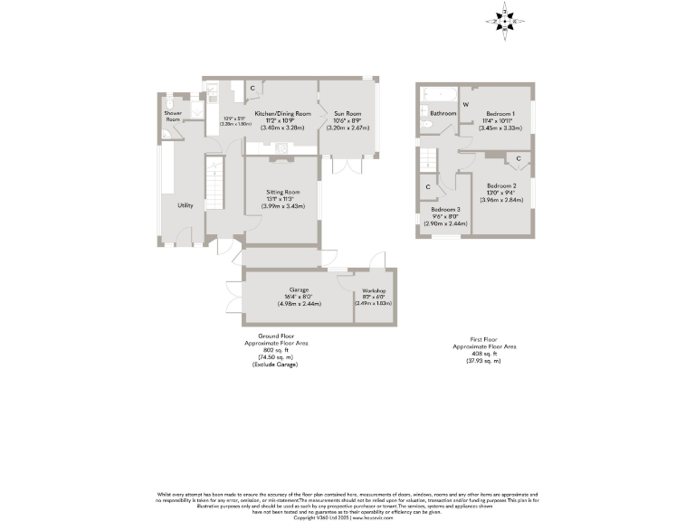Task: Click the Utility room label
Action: [x=185, y=205]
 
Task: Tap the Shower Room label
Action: [x=172, y=116]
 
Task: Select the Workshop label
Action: [x=375, y=290]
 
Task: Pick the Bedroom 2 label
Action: [x=500, y=185]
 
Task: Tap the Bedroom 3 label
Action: [x=445, y=210]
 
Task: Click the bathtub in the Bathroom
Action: [x=440, y=93]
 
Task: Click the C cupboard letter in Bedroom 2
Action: [x=519, y=159]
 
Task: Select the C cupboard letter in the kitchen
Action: [x=252, y=88]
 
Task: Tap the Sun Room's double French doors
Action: [x=347, y=166]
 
